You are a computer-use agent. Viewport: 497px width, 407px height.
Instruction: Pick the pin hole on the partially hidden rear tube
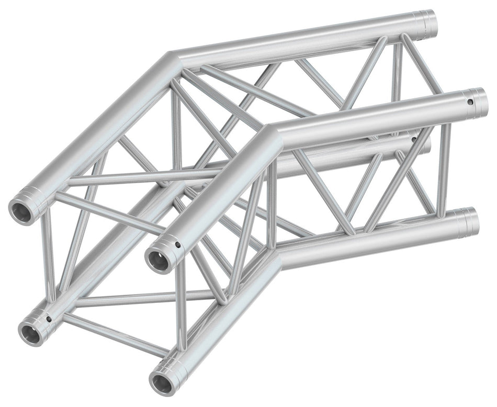click(x=414, y=139)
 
